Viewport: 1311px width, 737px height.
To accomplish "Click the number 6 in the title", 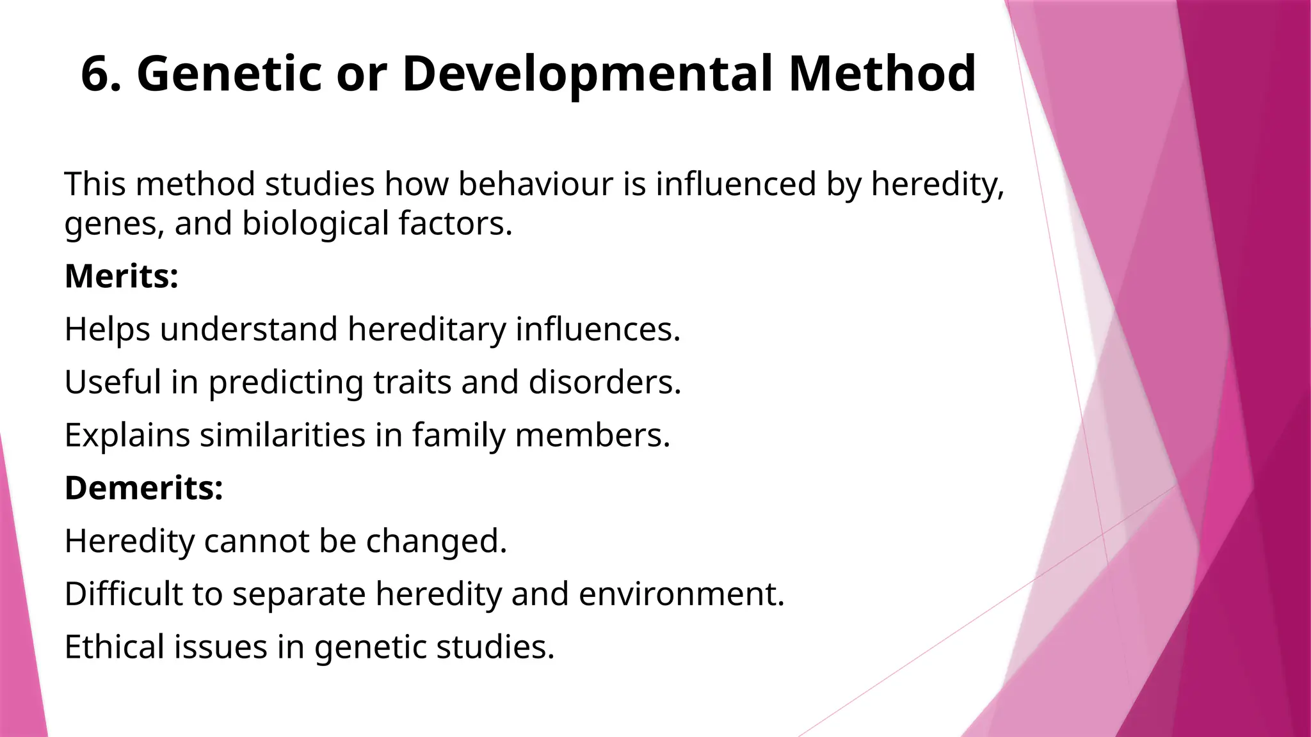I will point(97,74).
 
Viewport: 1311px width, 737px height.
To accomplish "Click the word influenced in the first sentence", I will point(736,184).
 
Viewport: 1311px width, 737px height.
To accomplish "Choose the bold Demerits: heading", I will point(144,488).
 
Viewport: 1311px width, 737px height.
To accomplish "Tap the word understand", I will point(248,329).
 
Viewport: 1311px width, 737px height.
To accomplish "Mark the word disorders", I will point(605,382).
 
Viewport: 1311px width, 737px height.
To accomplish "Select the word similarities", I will point(282,435).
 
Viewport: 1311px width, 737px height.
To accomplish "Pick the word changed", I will point(436,541).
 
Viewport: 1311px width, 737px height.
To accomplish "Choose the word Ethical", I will point(115,647).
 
